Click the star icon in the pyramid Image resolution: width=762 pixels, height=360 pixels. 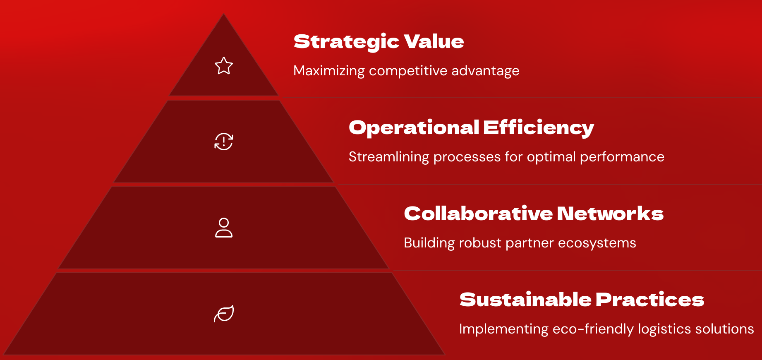click(x=224, y=66)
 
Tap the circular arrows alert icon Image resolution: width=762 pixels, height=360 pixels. click(x=224, y=142)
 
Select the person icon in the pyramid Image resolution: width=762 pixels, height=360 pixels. click(x=224, y=228)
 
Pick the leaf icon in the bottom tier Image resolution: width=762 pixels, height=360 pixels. click(x=224, y=314)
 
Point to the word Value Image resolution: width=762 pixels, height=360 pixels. click(x=434, y=41)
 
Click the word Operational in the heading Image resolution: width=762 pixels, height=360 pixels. click(x=414, y=128)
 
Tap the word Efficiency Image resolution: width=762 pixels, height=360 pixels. click(x=539, y=128)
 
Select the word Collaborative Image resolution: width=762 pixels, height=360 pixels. click(x=478, y=214)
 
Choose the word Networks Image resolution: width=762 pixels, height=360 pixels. click(x=610, y=214)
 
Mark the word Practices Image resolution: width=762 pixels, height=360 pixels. click(x=650, y=300)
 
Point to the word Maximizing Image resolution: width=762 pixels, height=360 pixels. click(x=329, y=71)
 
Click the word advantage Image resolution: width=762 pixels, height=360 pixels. click(x=485, y=71)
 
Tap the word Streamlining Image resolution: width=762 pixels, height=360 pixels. click(x=389, y=157)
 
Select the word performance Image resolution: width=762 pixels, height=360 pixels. click(x=622, y=157)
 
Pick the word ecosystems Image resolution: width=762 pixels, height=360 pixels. click(x=597, y=243)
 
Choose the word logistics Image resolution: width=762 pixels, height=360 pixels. click(x=664, y=329)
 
